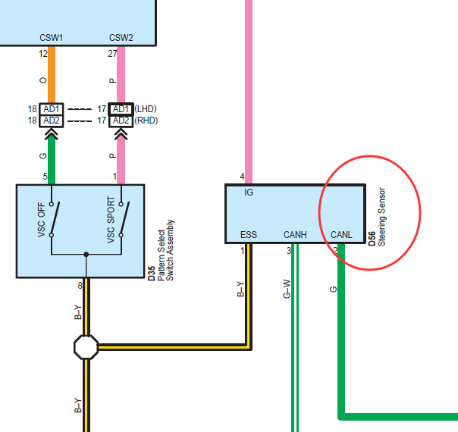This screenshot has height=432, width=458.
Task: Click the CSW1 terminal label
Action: (x=51, y=38)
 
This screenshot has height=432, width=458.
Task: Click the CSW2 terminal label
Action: (x=121, y=38)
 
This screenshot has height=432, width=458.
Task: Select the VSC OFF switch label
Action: (x=42, y=220)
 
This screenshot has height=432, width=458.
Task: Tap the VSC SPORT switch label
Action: (x=111, y=220)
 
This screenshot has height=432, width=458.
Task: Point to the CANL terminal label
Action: (x=341, y=235)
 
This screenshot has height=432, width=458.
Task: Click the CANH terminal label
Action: (x=295, y=235)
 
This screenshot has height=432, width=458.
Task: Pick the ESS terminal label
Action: (x=249, y=235)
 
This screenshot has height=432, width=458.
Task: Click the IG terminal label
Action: (x=249, y=192)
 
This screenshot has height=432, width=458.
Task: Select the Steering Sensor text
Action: (x=381, y=217)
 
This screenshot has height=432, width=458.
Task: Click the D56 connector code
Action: (x=372, y=239)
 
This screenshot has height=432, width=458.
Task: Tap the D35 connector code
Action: (x=152, y=274)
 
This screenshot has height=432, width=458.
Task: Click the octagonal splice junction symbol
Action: (x=86, y=347)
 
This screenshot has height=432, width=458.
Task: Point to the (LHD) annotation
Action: (x=146, y=109)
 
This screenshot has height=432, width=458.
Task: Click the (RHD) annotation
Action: (x=146, y=121)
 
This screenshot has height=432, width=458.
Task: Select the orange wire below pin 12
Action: (x=52, y=74)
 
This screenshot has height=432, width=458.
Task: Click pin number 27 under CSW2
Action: (x=112, y=54)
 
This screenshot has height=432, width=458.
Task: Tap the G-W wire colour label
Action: (x=287, y=289)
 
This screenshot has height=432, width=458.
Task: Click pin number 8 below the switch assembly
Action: (x=80, y=286)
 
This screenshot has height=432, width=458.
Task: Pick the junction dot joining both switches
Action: (x=86, y=255)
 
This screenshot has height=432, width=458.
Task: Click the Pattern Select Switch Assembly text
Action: (x=165, y=250)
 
